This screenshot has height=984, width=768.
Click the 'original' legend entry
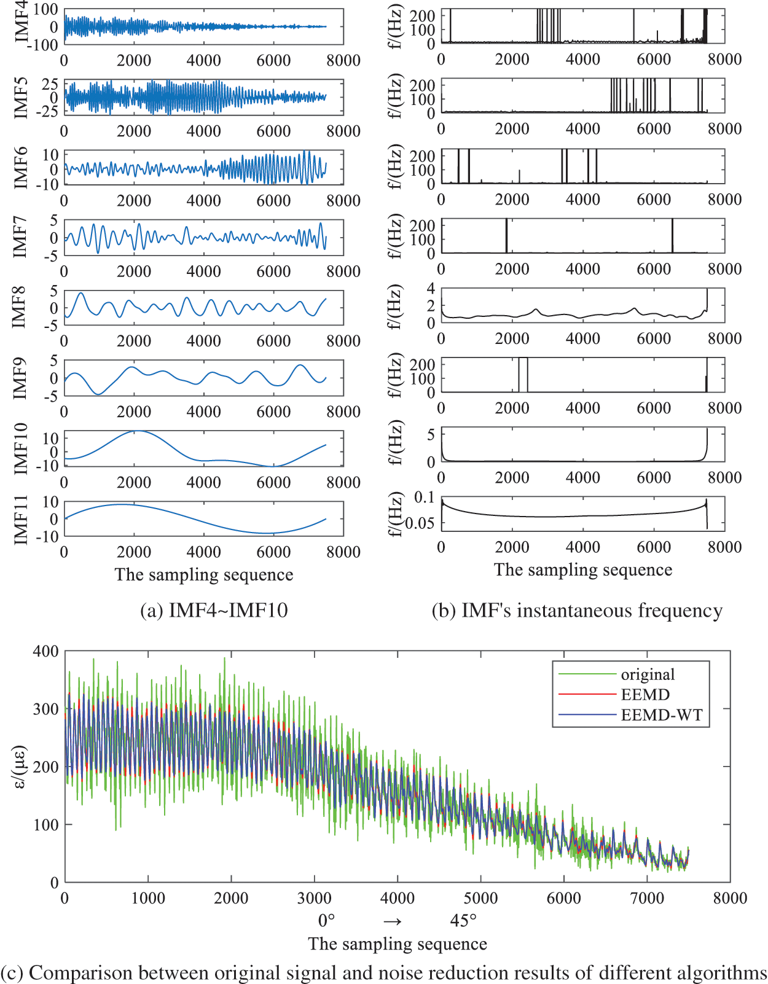coord(648,674)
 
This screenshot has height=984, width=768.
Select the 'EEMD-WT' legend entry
coord(661,715)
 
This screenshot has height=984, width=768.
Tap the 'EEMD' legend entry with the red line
coord(645,695)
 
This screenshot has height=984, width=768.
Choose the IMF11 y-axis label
coord(21,520)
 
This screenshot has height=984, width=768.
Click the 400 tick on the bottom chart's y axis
coord(46,651)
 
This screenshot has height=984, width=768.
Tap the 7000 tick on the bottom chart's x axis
coord(647,898)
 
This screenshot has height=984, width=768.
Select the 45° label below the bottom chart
coord(463,921)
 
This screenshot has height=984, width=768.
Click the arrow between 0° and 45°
coord(393,921)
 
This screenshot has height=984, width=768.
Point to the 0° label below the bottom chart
coord(326,921)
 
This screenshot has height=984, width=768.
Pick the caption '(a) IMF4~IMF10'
coord(214,610)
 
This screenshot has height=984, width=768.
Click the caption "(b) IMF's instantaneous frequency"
coord(577,610)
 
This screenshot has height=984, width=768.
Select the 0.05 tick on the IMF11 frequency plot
coord(420,523)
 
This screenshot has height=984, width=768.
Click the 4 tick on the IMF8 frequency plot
coord(431,289)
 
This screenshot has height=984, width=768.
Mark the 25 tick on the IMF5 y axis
coord(50,84)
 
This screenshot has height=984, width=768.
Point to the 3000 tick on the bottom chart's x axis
coord(314,898)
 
